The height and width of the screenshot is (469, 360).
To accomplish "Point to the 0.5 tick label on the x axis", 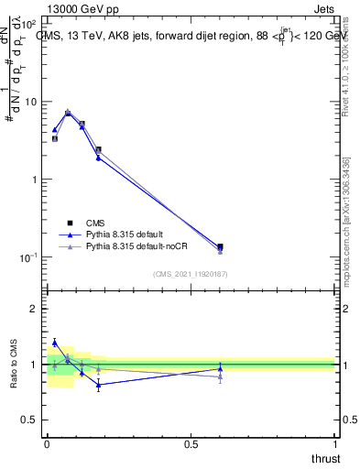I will tap(191, 444).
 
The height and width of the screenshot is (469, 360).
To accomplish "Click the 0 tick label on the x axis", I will tap(47, 444).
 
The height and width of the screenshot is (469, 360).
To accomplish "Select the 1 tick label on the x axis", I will tap(334, 444).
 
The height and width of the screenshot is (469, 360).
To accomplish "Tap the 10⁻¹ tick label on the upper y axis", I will tap(27, 257).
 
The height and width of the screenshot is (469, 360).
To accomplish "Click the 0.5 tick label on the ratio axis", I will tap(30, 420).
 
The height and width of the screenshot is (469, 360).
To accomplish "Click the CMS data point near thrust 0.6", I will tap(220, 246).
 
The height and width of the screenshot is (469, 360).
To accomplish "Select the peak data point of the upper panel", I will tap(68, 113).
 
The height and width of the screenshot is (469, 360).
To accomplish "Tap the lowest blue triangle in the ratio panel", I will tap(98, 385).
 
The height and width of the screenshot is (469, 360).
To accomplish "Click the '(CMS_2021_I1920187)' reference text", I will tap(191, 274).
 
